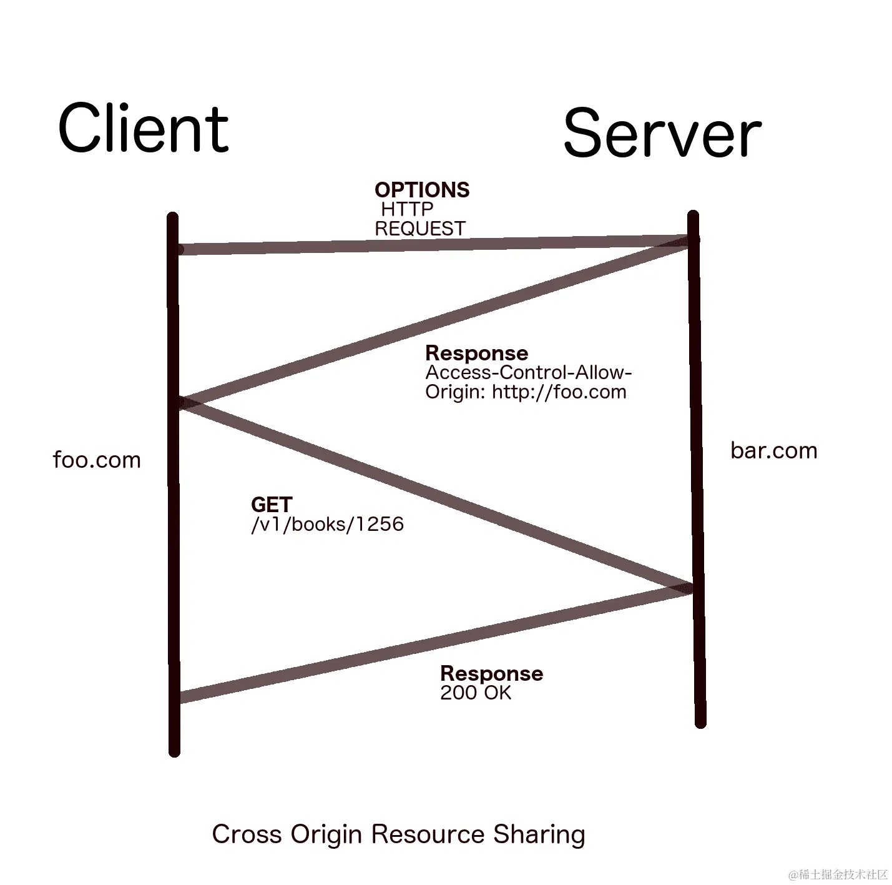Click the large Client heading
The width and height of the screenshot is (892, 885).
point(143,129)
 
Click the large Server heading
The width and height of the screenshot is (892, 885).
point(662,133)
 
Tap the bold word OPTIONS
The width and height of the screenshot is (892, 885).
point(422,190)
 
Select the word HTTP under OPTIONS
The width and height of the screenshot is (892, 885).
point(407,209)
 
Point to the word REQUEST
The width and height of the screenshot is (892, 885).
point(420,229)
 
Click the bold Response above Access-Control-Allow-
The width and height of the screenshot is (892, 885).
point(476,353)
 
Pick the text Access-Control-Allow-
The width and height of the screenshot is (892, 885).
point(529,373)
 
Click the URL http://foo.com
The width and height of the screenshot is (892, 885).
point(559,392)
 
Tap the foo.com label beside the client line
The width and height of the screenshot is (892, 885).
point(97,460)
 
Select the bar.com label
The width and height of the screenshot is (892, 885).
point(773,451)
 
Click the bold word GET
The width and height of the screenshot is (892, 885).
point(272,505)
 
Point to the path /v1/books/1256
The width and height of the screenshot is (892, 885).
point(327,524)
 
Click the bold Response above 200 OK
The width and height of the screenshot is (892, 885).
point(491,673)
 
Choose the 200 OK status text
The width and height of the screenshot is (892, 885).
point(476,693)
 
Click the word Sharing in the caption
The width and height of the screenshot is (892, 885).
point(539,835)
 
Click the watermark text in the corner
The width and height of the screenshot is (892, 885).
point(838,874)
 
